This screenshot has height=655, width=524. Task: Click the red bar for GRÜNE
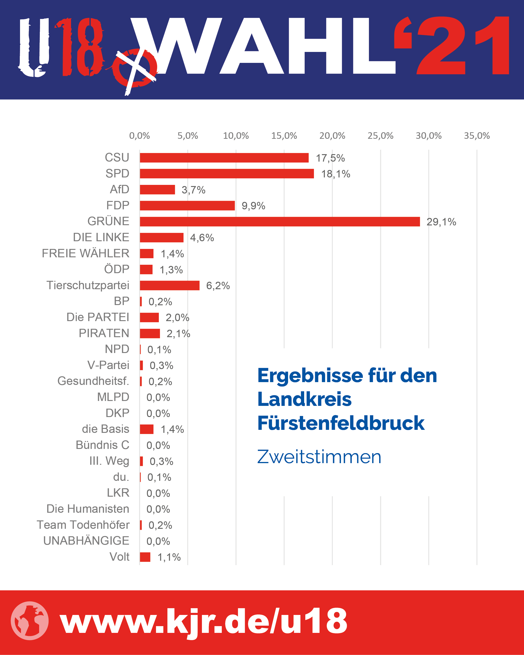[280, 221]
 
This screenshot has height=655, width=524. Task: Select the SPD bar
[227, 173]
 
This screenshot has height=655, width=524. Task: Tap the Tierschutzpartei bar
[170, 285]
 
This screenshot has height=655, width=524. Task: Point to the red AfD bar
[157, 190]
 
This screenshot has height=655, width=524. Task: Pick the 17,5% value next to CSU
[330, 158]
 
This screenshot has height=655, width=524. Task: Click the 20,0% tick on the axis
[332, 136]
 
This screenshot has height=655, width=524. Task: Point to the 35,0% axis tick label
[476, 136]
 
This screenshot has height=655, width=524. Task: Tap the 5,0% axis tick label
[187, 136]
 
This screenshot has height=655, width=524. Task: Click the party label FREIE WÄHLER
[85, 253]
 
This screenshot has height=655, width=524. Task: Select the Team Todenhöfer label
[83, 525]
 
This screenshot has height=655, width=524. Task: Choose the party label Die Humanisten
[88, 509]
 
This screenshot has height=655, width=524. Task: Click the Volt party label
[119, 557]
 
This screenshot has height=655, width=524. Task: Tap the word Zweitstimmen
[319, 457]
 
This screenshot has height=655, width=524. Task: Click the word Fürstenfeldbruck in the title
[341, 423]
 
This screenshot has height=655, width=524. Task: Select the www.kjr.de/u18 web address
[203, 621]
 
